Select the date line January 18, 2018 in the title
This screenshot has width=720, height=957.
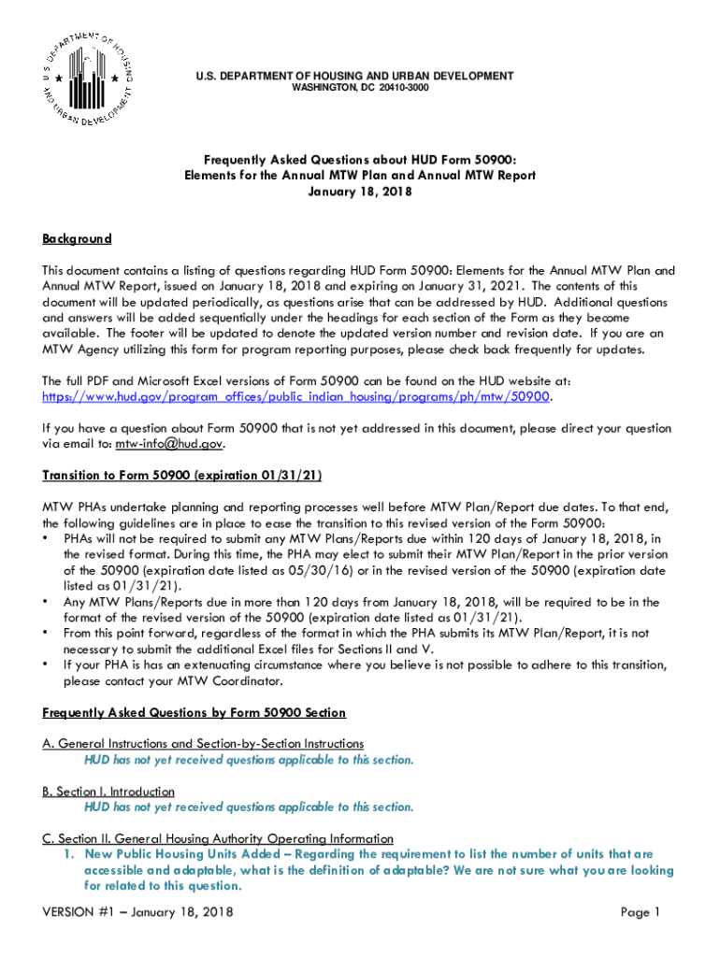pos(360,192)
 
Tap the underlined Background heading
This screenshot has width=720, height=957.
pos(77,239)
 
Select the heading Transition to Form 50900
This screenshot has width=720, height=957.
pos(182,476)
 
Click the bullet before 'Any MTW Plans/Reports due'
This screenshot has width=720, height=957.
pos(47,602)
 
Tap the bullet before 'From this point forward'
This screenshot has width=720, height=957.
pos(47,634)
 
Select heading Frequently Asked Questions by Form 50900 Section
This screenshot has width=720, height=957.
pos(194,713)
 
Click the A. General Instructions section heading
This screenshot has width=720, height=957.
pos(203,744)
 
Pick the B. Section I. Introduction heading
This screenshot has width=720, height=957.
pos(108,792)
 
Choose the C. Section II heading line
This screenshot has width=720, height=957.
pos(218,838)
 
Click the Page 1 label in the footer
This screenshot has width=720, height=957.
pos(641,912)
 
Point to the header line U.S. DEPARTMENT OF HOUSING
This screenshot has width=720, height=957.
pos(360,76)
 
